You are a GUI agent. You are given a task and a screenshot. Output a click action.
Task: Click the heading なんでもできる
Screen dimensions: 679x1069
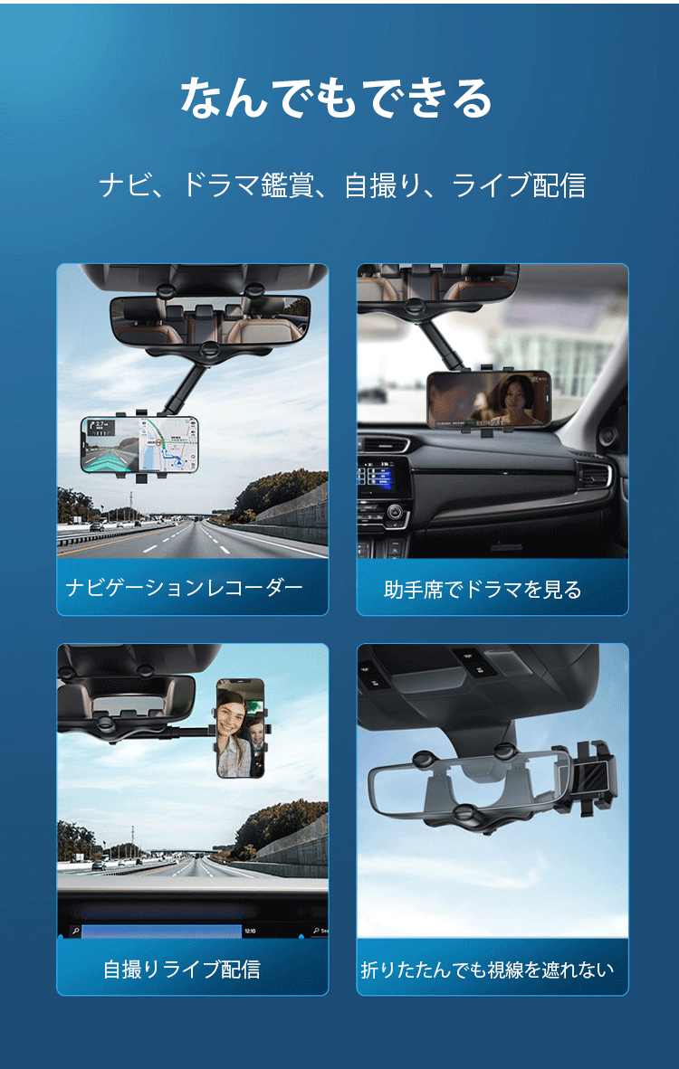[x=336, y=99]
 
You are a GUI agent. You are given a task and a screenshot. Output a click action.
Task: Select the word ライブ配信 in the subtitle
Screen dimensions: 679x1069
[x=520, y=185]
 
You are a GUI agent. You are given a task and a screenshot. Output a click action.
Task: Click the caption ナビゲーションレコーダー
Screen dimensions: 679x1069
[x=185, y=588]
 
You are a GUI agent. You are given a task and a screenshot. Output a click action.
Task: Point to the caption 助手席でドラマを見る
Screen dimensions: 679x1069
[x=483, y=589]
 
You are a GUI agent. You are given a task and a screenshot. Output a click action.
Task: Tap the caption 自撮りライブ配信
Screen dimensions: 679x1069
[x=182, y=969]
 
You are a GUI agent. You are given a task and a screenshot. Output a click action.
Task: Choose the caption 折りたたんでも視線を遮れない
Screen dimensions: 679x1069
[x=487, y=970]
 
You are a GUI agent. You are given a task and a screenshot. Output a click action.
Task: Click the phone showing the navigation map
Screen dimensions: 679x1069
[x=139, y=444]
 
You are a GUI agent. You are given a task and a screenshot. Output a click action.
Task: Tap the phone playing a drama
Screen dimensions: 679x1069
[x=490, y=400]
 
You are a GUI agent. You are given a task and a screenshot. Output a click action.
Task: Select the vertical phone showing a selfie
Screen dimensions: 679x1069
[x=241, y=728]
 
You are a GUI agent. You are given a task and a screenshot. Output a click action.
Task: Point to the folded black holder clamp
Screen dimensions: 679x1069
[x=592, y=776]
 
